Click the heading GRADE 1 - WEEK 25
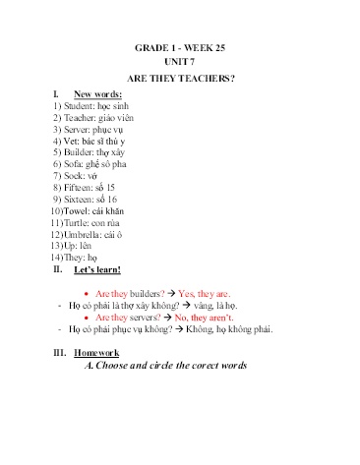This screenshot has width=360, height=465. point(180,48)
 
